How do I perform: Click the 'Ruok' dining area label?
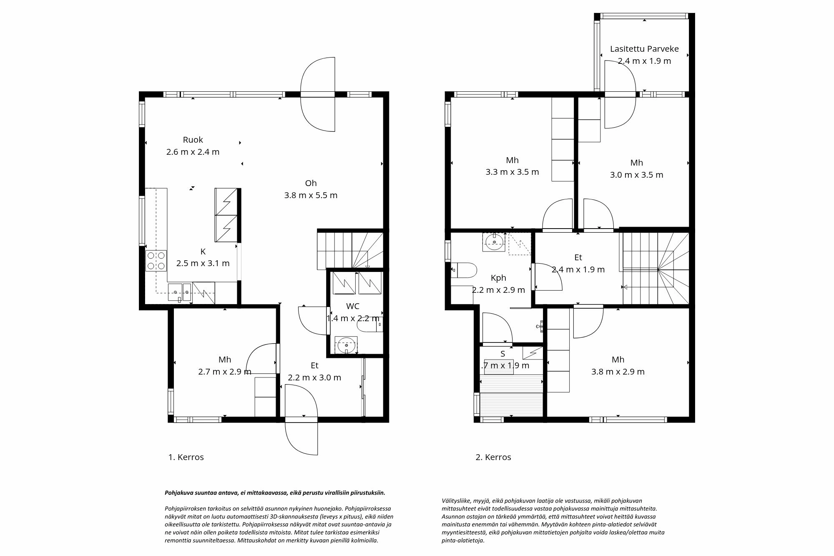pos(193,140)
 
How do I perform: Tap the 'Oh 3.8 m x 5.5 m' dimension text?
pos(311,195)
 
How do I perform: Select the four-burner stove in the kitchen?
pos(156,261)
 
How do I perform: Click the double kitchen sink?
pos(179,292)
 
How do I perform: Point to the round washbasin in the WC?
pos(347,346)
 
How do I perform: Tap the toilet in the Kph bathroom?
pos(465,270)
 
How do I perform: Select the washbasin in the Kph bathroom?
pos(495,242)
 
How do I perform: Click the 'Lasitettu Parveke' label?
pos(644,49)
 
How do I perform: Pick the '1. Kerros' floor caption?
pos(186,457)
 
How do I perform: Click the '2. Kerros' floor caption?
pos(493,457)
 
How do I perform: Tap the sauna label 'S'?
pos(502,354)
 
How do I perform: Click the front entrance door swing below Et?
pos(301,438)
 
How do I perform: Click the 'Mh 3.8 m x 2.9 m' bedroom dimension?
pos(618,372)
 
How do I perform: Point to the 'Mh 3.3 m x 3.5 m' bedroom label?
pos(512,161)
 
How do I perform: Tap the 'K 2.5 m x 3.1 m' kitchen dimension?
pos(203,263)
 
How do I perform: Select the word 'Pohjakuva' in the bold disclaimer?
pos(178,493)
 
